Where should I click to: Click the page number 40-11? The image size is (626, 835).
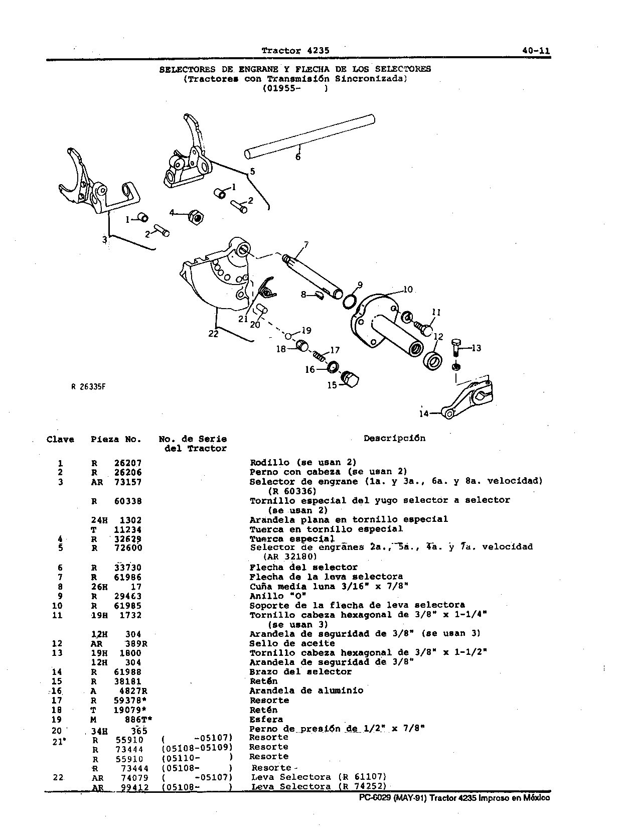tap(536, 51)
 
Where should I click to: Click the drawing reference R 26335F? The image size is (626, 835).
tap(88, 386)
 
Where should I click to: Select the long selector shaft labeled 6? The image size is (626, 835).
tap(309, 136)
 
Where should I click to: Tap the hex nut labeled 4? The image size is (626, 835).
tap(197, 218)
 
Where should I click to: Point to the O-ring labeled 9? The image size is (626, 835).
tap(349, 302)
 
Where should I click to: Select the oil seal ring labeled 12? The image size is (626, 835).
tap(432, 361)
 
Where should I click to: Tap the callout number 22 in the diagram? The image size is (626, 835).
tap(213, 334)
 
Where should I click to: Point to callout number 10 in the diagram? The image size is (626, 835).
tap(408, 290)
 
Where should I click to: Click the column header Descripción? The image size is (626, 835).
tap(394, 438)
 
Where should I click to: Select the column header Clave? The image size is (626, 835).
tap(60, 440)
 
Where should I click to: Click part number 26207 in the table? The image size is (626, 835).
tap(128, 463)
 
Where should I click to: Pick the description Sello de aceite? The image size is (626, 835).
tap(292, 643)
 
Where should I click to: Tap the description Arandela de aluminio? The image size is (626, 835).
tap(306, 690)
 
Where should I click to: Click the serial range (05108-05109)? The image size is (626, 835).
tap(197, 748)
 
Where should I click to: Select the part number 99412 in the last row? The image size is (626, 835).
tap(135, 786)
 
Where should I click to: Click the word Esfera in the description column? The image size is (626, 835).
tap(266, 719)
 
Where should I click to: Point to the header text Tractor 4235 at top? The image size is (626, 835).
tap(295, 51)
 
